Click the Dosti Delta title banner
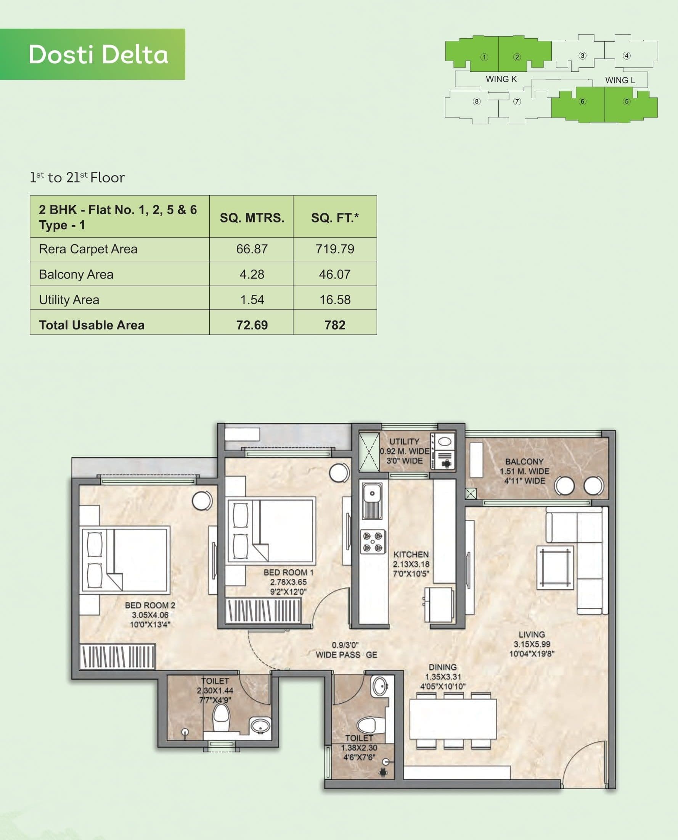click(93, 54)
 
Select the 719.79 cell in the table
click(335, 249)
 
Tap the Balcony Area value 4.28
click(252, 274)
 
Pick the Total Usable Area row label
click(92, 325)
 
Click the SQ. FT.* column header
click(335, 217)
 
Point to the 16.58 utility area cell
click(335, 300)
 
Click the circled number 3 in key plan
click(582, 55)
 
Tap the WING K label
click(501, 79)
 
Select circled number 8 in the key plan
click(477, 101)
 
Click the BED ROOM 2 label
click(150, 605)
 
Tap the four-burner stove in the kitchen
click(373, 542)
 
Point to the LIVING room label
click(532, 634)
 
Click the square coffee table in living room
click(555, 568)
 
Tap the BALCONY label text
click(524, 462)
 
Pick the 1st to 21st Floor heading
click(78, 177)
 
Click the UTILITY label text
click(404, 441)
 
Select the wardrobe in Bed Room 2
click(117, 656)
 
